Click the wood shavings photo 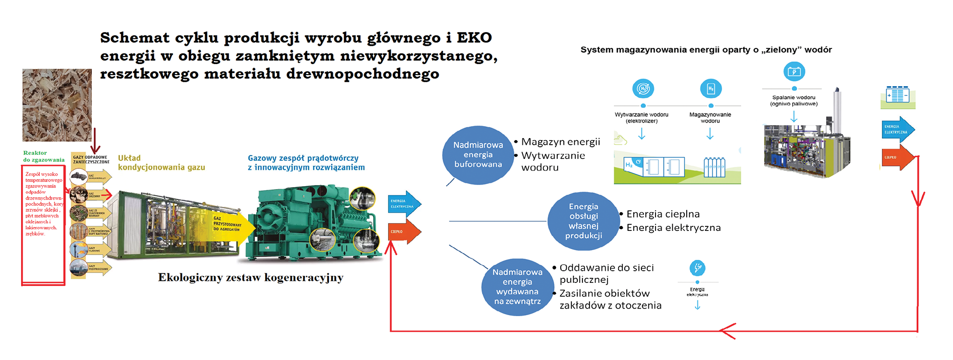[57, 105]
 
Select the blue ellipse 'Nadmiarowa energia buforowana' [478, 154]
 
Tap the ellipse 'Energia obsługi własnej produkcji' [583, 221]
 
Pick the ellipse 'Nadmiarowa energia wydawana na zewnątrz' [517, 286]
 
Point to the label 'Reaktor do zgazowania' [43, 156]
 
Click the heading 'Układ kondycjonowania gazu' [161, 162]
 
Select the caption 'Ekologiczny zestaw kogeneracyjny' [251, 277]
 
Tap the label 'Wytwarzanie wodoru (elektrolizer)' [641, 117]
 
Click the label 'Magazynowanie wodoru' [710, 117]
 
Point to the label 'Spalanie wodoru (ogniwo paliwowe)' [794, 100]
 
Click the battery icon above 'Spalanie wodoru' [794, 72]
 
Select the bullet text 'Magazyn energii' [560, 142]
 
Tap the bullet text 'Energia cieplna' [663, 214]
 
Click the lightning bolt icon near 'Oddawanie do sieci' [697, 268]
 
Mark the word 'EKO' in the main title [474, 38]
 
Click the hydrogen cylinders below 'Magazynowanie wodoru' [714, 167]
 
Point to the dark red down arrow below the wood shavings [94, 141]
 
